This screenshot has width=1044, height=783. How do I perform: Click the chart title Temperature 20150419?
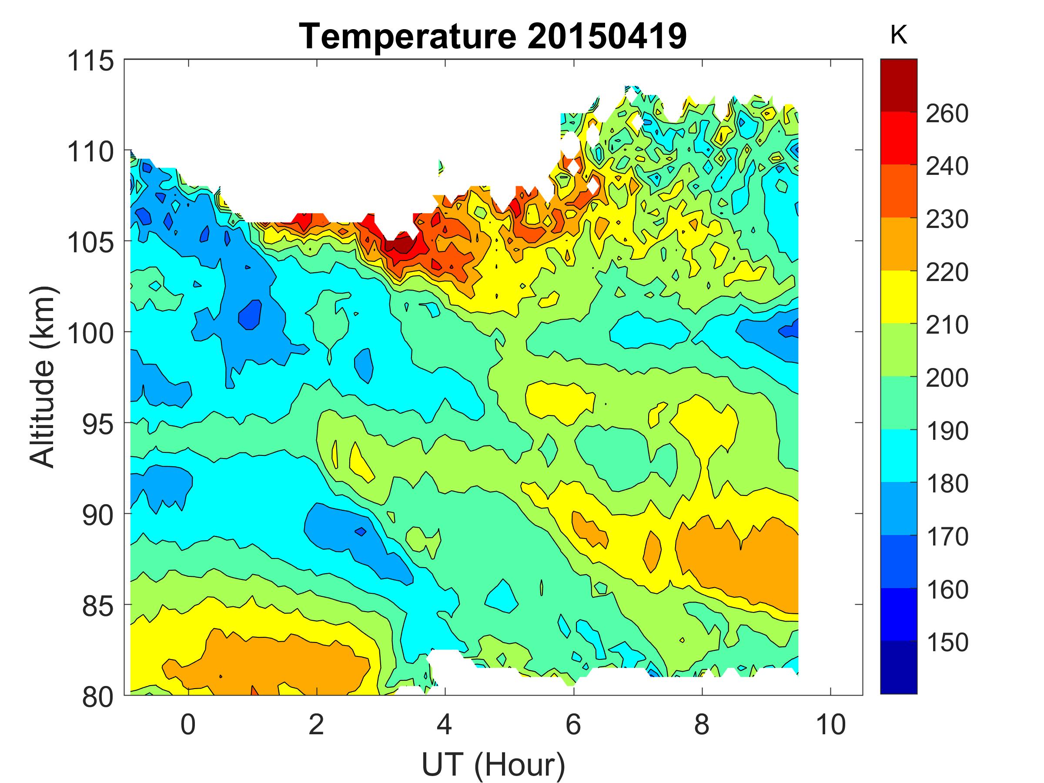(493, 37)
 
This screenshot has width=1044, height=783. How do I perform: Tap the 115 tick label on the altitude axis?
(91, 61)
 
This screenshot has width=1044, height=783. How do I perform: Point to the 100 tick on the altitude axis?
(91, 333)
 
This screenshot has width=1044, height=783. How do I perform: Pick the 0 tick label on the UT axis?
(188, 724)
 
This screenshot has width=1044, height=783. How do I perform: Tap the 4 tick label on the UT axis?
(445, 724)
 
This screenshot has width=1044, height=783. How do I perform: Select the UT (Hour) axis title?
(493, 765)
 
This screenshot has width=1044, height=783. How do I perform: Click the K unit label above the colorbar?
(899, 35)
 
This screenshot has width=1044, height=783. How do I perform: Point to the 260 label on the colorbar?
(947, 114)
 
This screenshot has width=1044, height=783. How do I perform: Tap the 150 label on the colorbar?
(947, 642)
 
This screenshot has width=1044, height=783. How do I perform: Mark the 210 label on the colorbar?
(947, 325)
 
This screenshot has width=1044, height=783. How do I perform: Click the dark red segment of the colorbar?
(899, 85)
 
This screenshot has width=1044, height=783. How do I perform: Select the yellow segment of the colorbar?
(899, 297)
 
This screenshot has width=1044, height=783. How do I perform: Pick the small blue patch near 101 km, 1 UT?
(250, 315)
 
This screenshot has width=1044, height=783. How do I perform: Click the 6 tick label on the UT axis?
(573, 724)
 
